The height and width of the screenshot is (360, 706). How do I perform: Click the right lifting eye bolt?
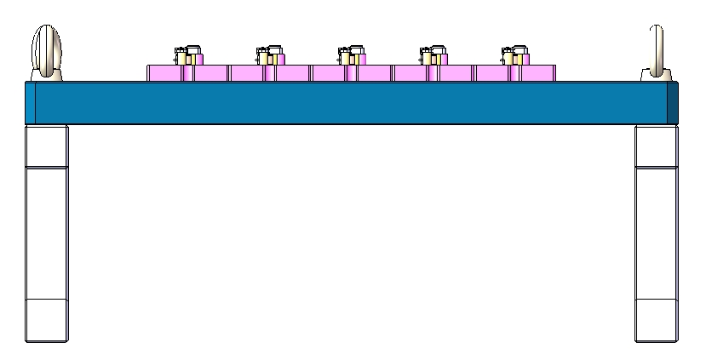656,51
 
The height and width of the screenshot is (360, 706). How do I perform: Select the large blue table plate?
341,102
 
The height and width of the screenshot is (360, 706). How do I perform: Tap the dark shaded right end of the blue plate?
673,102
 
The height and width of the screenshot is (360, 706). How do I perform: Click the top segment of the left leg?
46,146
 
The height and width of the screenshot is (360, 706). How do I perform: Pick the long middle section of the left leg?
46,233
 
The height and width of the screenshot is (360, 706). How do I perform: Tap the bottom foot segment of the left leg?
46,321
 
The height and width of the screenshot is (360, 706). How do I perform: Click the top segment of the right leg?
656,146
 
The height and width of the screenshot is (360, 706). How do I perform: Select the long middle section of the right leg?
656,233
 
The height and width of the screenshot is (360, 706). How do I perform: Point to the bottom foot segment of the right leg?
656,321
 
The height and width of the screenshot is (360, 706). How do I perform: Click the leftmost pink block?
187,73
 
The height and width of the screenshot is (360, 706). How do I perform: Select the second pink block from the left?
268,73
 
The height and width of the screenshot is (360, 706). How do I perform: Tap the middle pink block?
350,73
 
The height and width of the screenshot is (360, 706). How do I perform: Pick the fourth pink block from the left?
432,73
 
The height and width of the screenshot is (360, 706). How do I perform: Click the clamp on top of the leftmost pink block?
187,55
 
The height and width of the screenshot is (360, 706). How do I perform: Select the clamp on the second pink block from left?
268,55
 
